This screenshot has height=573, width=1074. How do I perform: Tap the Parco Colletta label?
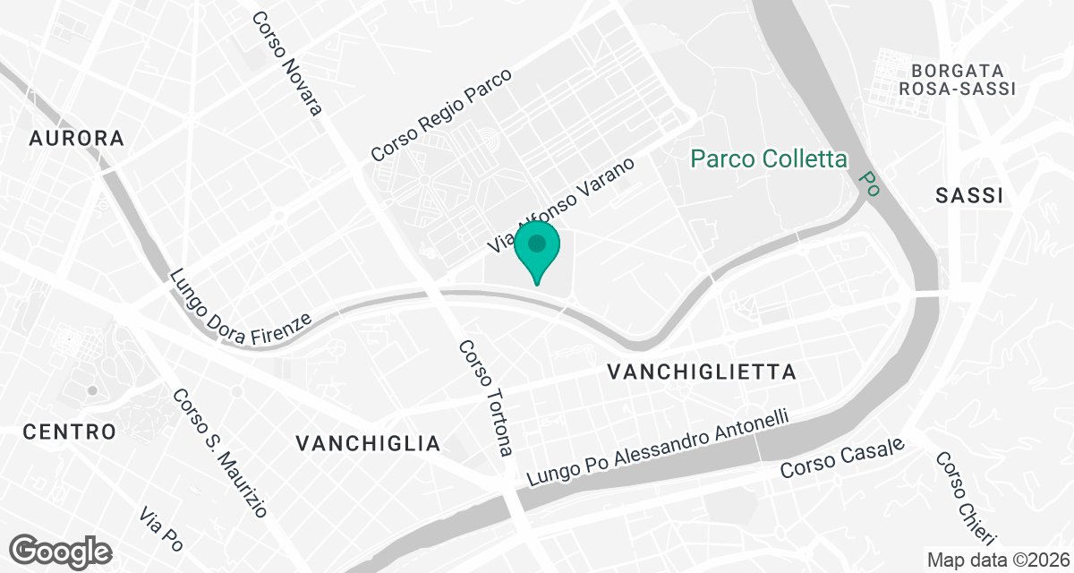point(769,159)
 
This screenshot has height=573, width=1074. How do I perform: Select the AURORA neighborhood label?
point(76,138)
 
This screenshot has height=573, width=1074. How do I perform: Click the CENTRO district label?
point(70,432)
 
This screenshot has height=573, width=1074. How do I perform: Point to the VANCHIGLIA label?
point(368,443)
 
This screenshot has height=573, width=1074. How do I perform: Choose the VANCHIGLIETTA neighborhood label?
point(701,372)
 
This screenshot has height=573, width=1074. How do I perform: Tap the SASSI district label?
point(968,196)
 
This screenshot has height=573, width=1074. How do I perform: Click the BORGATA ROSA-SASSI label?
point(957,79)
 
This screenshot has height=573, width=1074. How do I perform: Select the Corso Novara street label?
point(287,63)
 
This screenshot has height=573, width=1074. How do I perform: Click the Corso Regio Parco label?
point(441,115)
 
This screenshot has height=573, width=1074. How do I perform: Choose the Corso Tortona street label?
point(486,398)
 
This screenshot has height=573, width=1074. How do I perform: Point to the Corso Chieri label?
point(965,498)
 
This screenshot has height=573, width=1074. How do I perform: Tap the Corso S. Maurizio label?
point(219,452)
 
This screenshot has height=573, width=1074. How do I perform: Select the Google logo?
point(61,551)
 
